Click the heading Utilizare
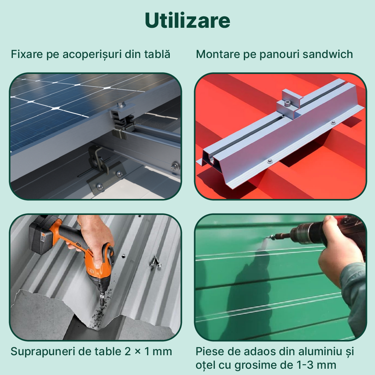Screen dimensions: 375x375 tap(187, 20)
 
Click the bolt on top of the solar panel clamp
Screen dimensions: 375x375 tap(121, 104)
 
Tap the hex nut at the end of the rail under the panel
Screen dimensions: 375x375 tap(175, 166)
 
